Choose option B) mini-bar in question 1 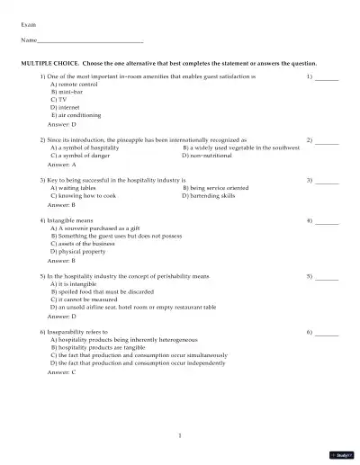67,92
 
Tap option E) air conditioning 76,116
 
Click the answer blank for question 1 327,78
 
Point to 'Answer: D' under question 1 62,125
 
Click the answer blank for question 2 327,142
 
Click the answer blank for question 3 327,181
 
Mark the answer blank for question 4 327,221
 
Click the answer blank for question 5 327,277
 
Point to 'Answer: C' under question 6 62,371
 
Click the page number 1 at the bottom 180,436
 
